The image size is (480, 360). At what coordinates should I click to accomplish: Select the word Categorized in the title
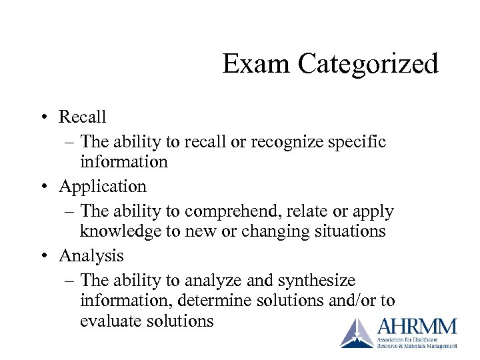click(x=368, y=65)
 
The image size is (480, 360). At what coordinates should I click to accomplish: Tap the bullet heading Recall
click(x=83, y=117)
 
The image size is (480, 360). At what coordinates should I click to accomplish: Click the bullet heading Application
click(x=103, y=186)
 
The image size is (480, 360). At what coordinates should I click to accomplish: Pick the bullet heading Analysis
click(x=91, y=255)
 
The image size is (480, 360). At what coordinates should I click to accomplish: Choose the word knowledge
click(x=114, y=231)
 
